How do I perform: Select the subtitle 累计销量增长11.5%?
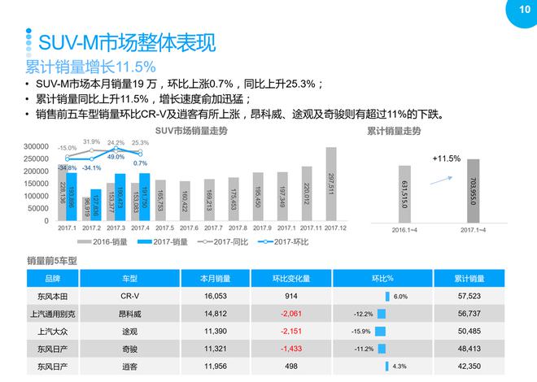(x=89, y=67)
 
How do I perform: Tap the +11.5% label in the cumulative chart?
(x=447, y=158)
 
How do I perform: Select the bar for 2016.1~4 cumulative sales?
(x=404, y=194)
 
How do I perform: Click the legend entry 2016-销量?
(x=104, y=241)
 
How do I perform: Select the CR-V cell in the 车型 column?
(x=131, y=297)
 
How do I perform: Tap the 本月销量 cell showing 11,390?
(x=216, y=332)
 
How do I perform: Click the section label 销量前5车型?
(x=51, y=260)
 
